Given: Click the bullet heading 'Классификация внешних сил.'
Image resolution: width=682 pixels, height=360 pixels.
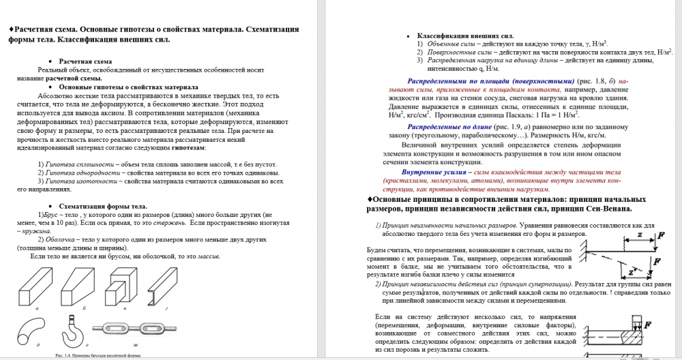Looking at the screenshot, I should coord(464,35).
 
